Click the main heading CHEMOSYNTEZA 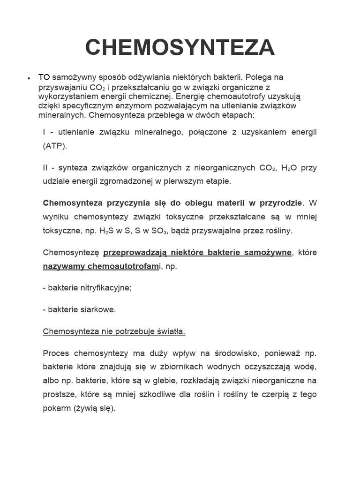coord(180,47)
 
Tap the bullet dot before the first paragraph coord(29,78)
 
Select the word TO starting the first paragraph coord(44,77)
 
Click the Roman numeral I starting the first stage coord(44,133)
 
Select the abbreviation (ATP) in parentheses coord(55,145)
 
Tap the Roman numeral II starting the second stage coord(45,168)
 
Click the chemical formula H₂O coord(289,168)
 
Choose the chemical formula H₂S coord(106,230)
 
